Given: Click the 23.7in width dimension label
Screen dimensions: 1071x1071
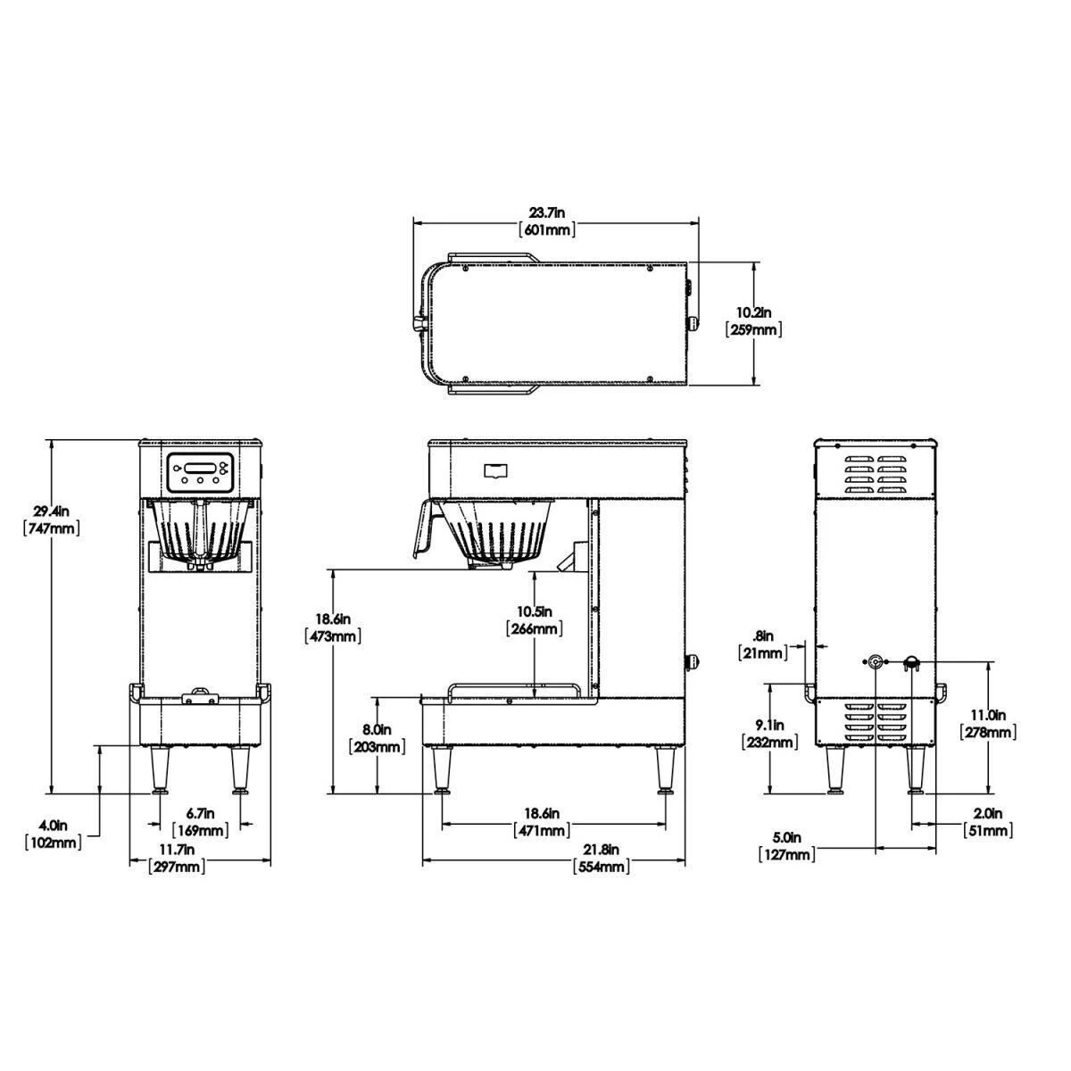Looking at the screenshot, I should (547, 212).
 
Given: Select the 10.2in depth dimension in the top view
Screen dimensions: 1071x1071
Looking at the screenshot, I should (754, 312).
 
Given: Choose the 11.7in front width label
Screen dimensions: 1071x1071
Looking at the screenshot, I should (178, 849).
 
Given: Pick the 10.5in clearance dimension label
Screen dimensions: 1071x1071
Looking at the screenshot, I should (533, 611).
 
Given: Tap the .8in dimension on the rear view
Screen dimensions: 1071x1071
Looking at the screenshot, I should (764, 636).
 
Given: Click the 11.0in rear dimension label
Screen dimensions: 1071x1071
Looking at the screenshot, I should (987, 716).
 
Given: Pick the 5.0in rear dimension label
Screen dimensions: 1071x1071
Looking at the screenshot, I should (786, 838).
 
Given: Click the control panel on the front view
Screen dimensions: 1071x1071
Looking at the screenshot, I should (200, 470).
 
